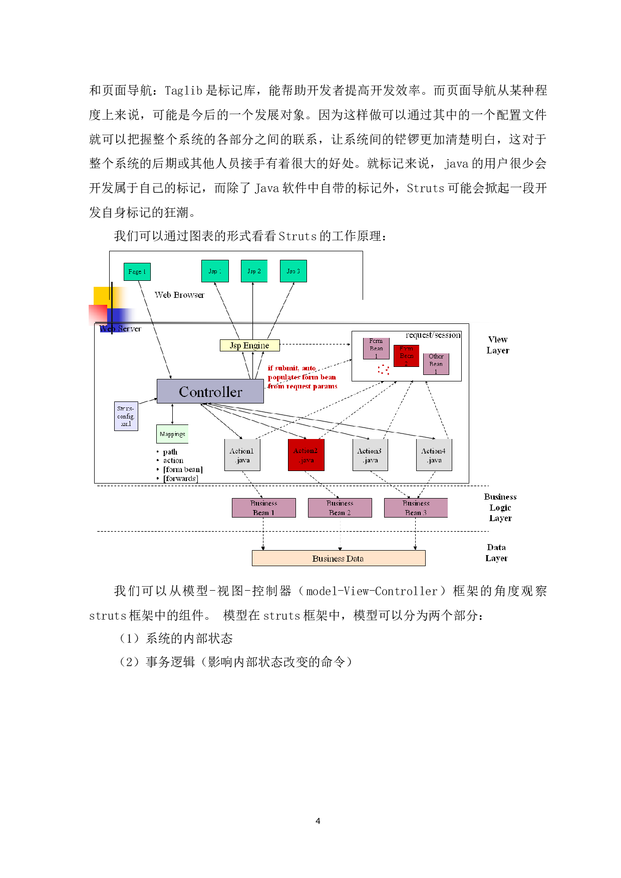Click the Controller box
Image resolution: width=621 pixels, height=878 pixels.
(x=210, y=391)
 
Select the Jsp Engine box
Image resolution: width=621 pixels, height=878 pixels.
(x=249, y=345)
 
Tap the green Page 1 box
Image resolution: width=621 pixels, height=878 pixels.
(x=137, y=272)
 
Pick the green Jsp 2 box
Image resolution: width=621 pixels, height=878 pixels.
(x=254, y=271)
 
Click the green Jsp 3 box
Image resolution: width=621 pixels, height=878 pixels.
(x=293, y=271)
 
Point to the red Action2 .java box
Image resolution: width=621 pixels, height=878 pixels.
(x=306, y=455)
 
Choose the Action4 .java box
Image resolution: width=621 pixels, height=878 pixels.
(x=434, y=455)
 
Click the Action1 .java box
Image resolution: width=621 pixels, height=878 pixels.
(x=242, y=455)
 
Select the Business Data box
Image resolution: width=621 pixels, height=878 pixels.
(x=339, y=559)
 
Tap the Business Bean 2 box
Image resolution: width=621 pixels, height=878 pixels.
(x=340, y=508)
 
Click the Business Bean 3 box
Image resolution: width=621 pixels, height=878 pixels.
(x=416, y=508)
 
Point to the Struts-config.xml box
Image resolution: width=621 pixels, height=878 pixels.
(x=126, y=416)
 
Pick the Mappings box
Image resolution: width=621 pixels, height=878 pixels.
(x=172, y=434)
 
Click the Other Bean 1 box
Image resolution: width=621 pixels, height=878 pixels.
(x=436, y=364)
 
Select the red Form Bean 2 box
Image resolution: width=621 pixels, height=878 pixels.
(x=406, y=355)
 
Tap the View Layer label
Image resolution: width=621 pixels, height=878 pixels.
(x=498, y=345)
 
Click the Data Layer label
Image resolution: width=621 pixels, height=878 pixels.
(x=496, y=553)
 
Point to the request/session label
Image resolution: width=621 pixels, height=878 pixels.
(x=433, y=335)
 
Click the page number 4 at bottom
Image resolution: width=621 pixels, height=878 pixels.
(x=318, y=821)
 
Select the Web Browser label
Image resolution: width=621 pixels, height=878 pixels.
(x=179, y=295)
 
